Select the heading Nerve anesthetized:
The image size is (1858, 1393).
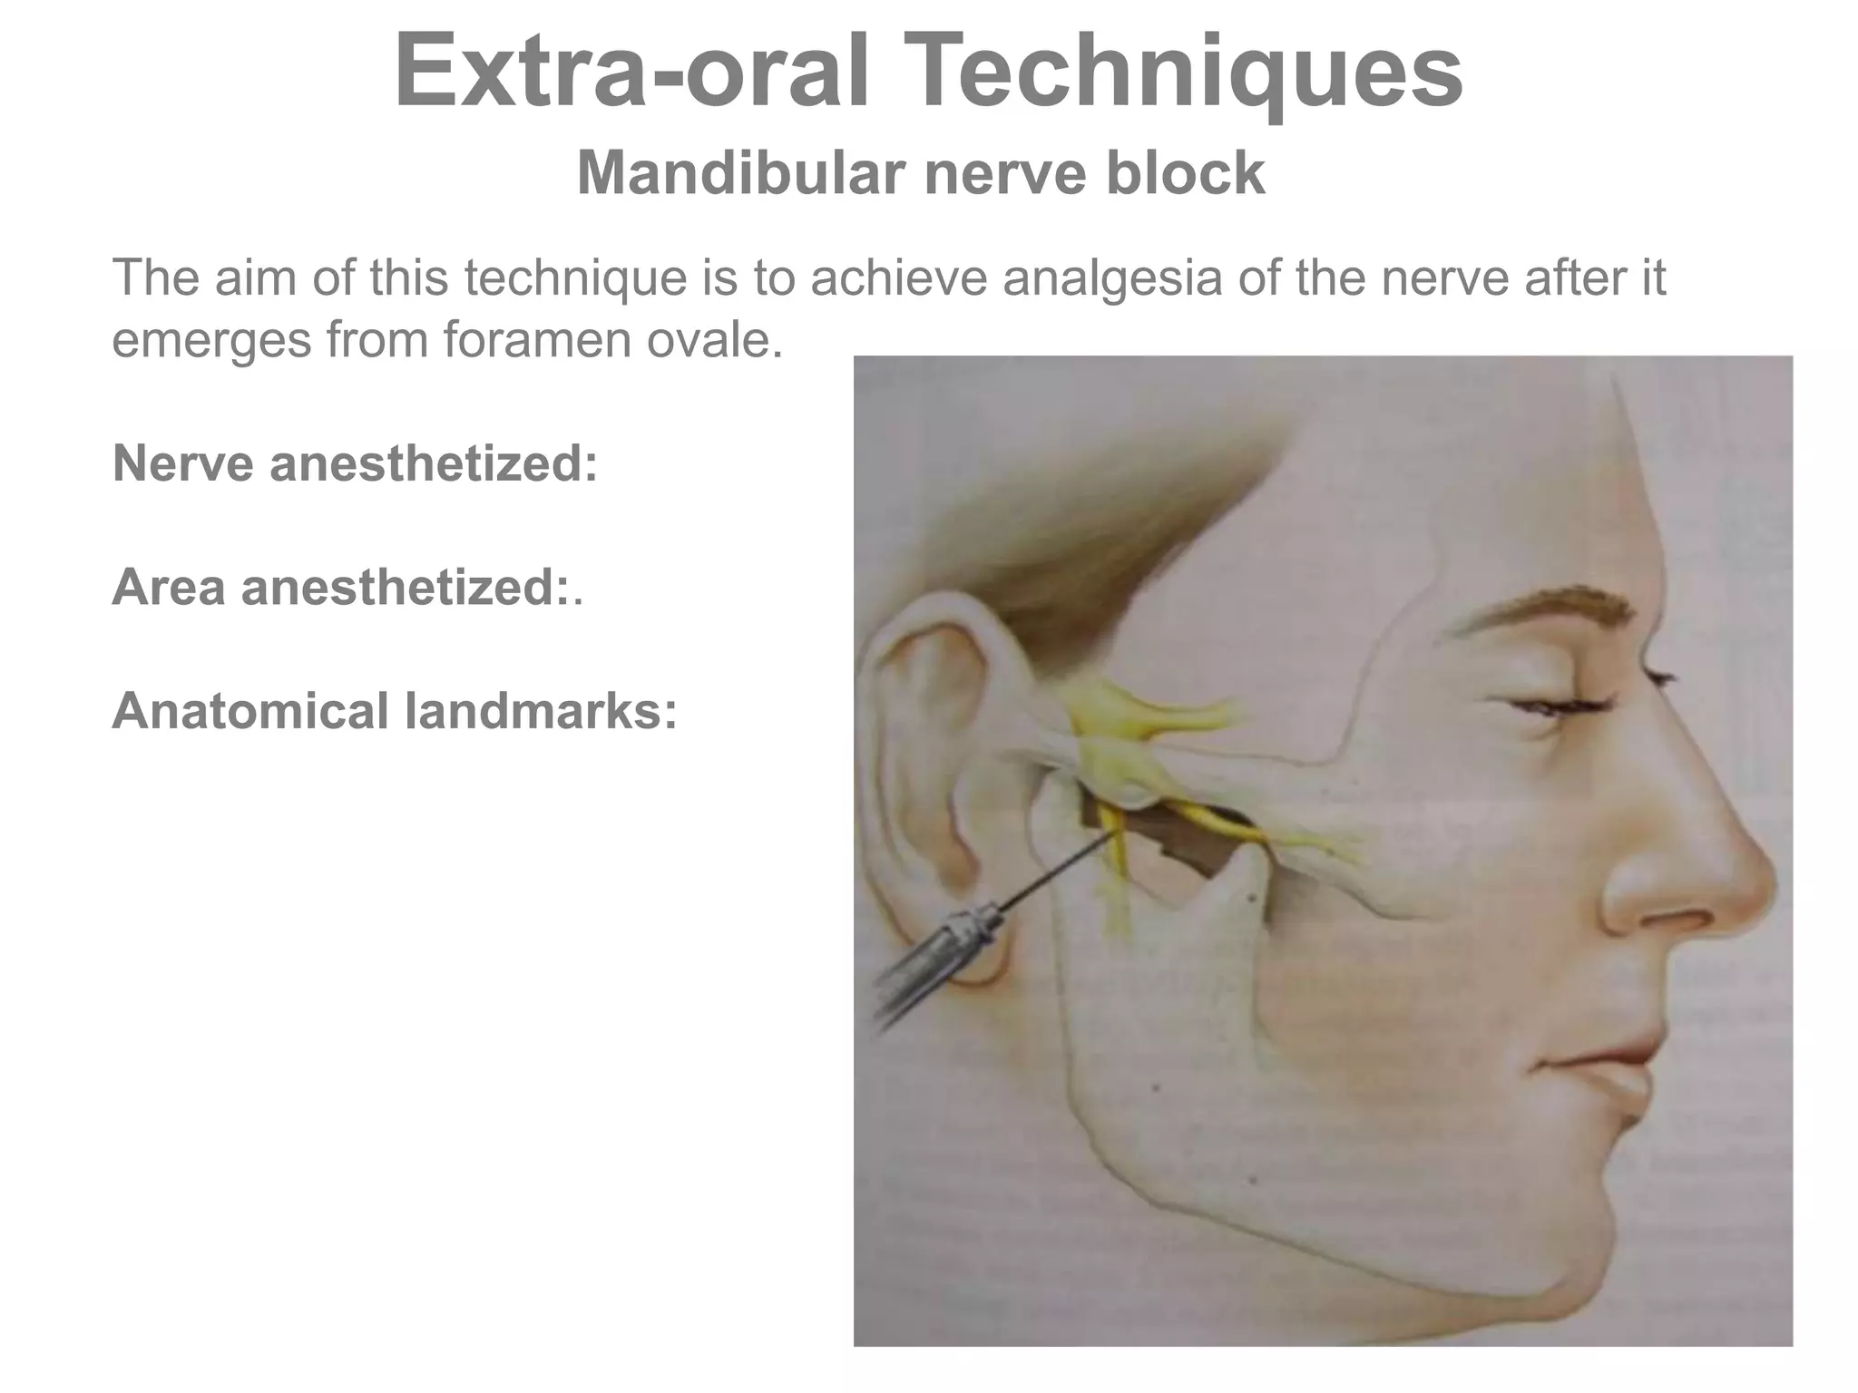point(355,463)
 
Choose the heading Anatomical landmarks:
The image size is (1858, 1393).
point(395,710)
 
